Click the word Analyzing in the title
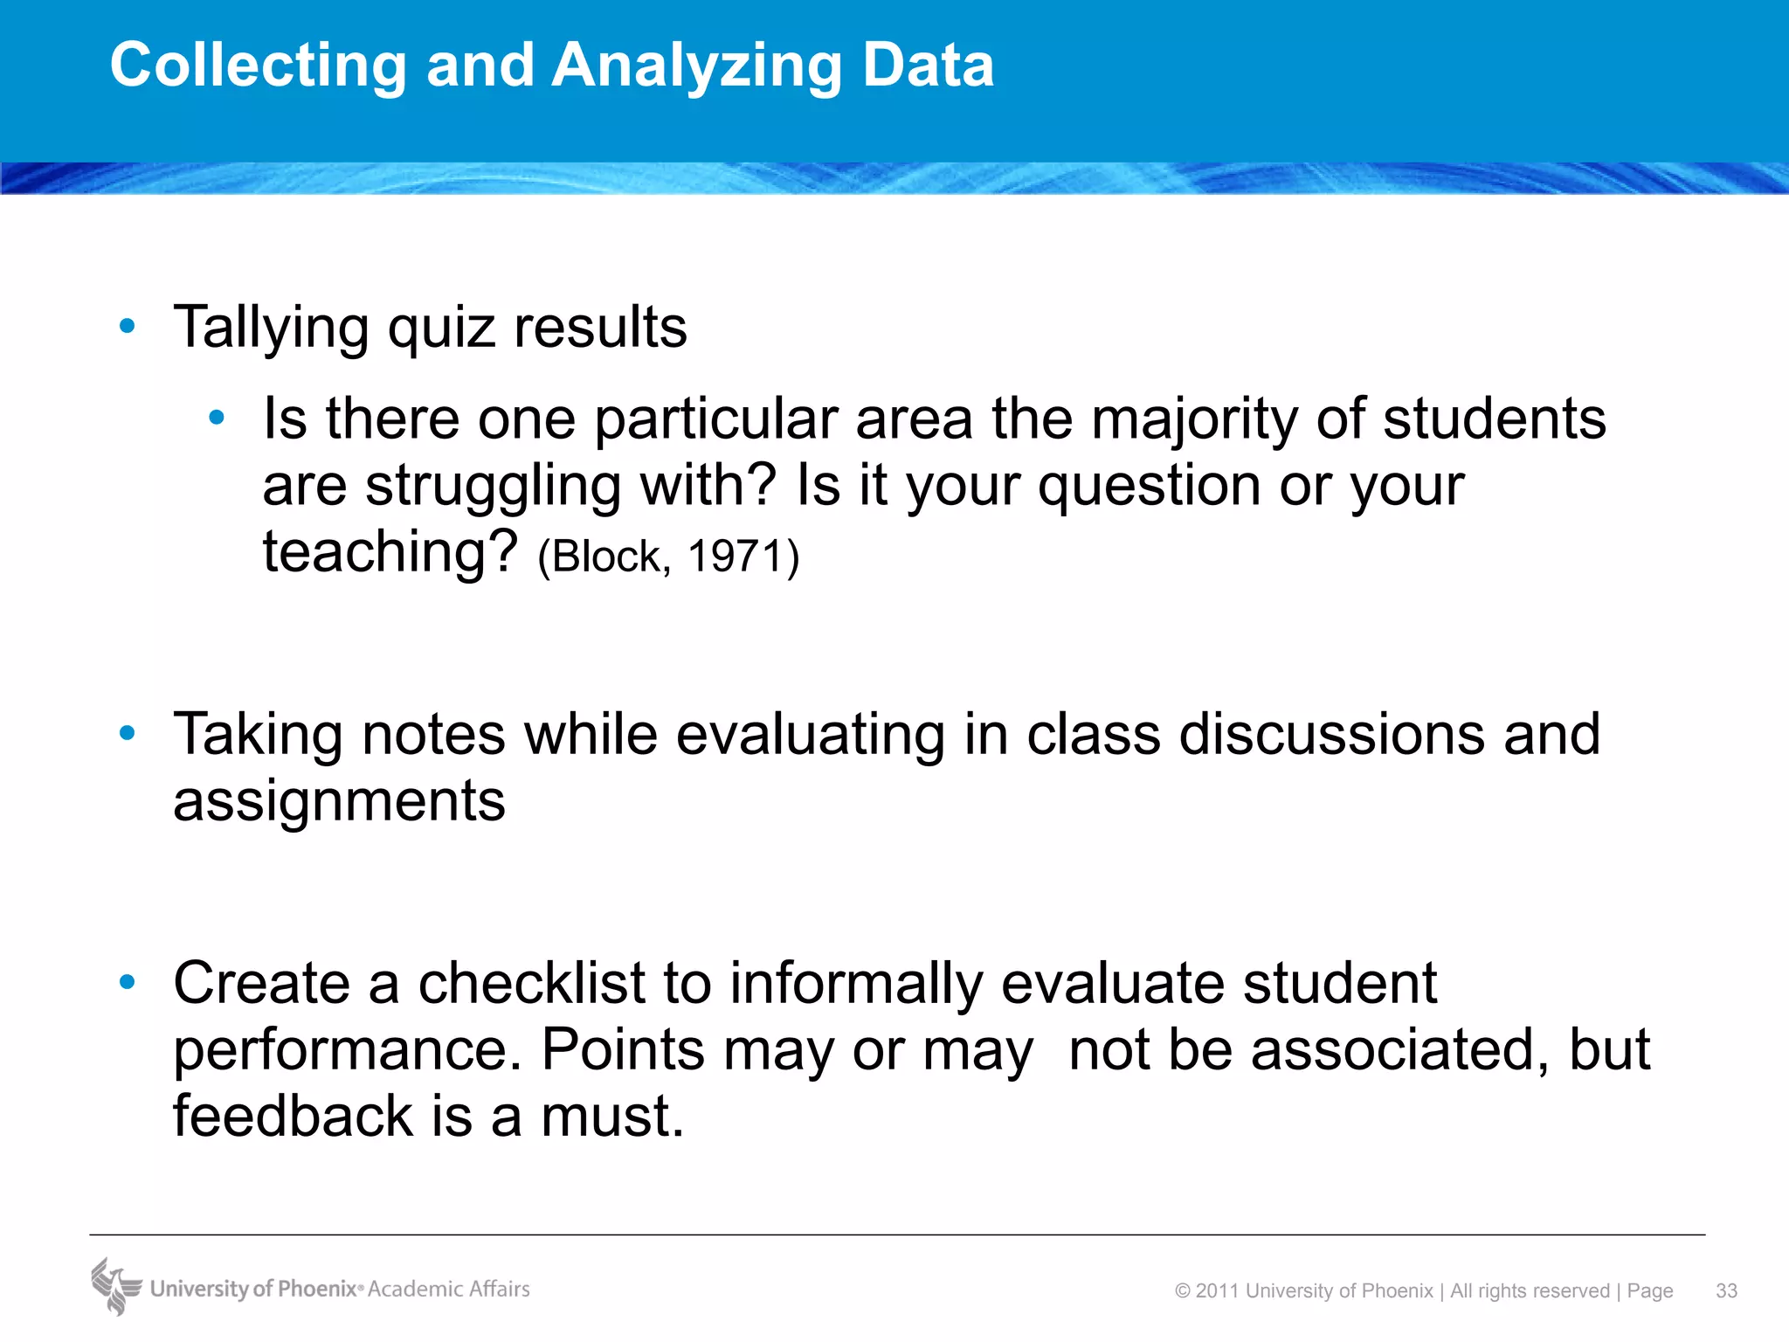tap(696, 66)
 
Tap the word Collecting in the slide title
tap(259, 66)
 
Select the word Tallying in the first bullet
tap(271, 329)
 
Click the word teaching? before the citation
tap(391, 552)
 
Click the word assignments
tap(339, 800)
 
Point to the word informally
tap(856, 983)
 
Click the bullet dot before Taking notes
tap(128, 733)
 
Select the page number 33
tap(1726, 1290)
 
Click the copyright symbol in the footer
tap(1183, 1291)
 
